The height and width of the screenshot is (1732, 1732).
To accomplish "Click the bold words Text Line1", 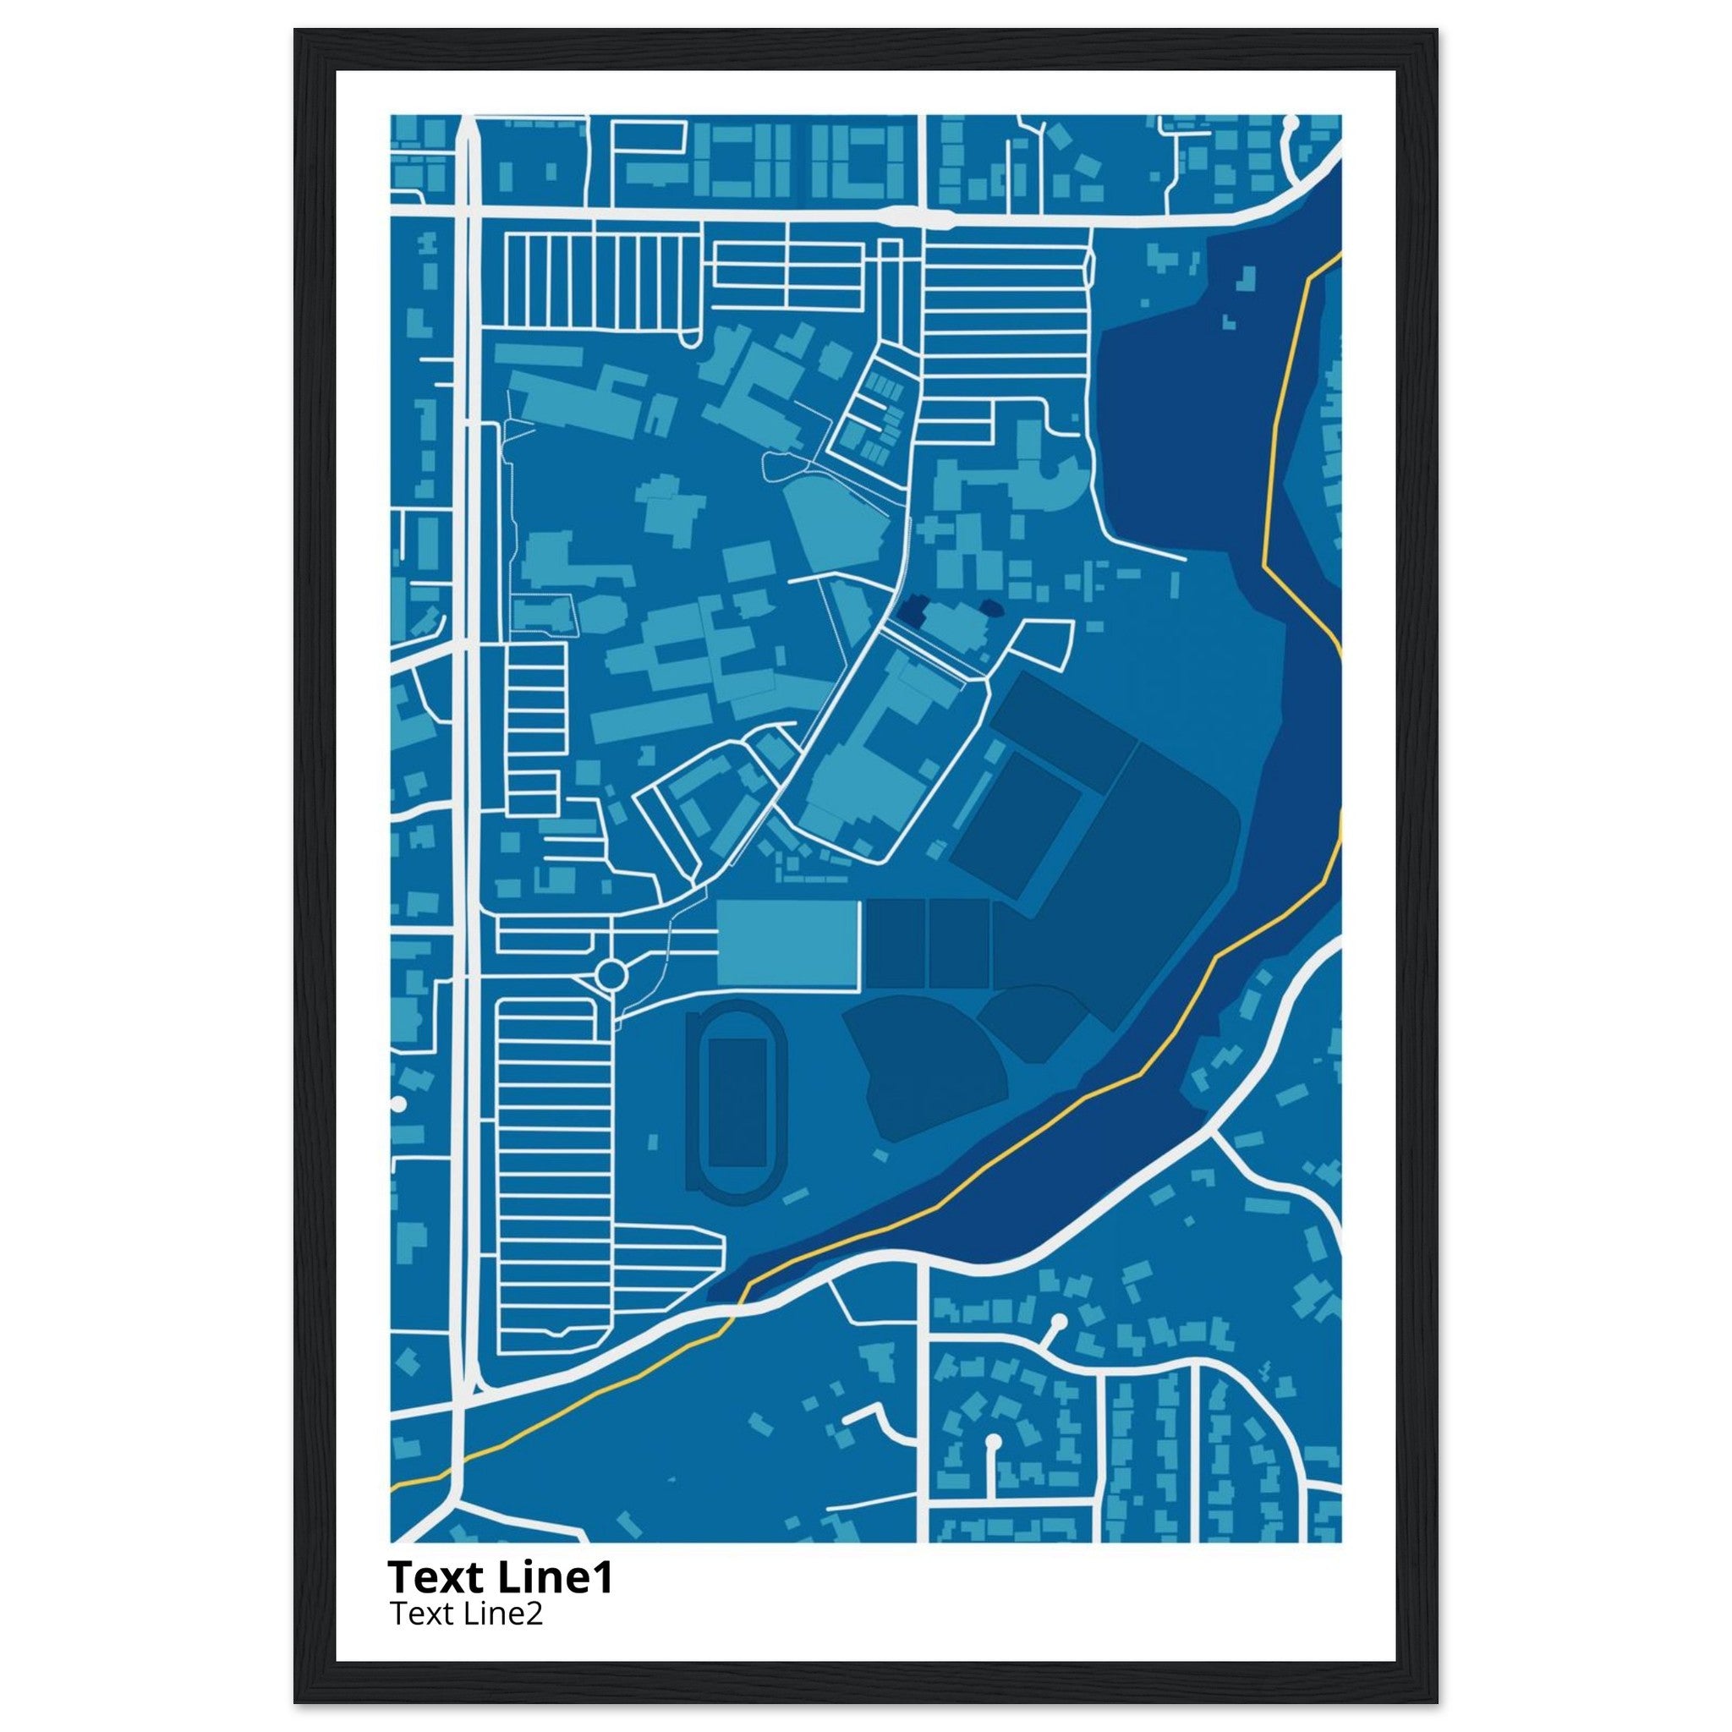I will tap(501, 1577).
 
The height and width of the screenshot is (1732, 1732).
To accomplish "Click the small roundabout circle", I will tap(611, 973).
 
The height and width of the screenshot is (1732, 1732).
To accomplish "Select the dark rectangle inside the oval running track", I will tap(737, 1102).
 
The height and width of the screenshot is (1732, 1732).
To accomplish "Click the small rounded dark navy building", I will tap(991, 609).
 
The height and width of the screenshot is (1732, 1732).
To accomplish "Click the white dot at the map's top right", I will tap(1291, 121).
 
